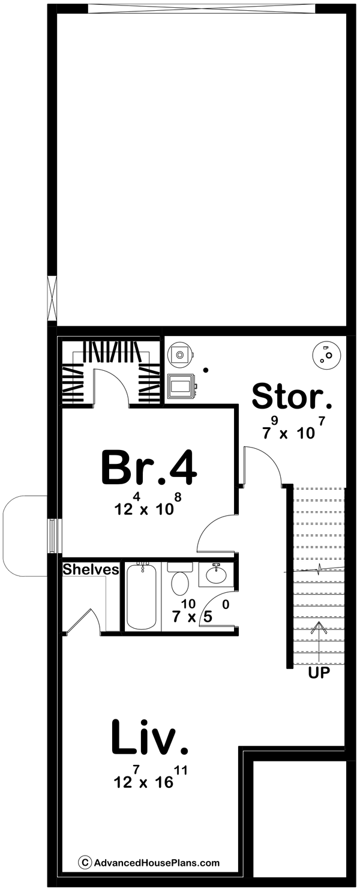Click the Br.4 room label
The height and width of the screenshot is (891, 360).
149,468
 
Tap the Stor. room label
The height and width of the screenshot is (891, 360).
292,397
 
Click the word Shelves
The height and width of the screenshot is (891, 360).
91,569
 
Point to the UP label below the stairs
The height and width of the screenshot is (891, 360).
319,673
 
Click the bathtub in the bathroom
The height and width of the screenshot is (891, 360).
142,596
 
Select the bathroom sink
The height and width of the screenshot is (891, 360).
216,575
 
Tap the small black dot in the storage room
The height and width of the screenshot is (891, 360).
205,370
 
